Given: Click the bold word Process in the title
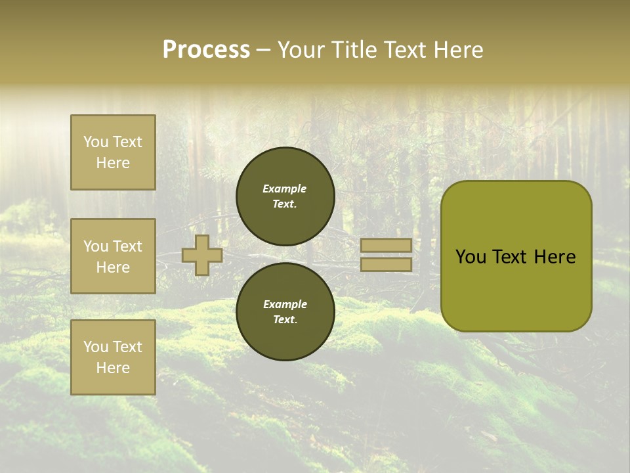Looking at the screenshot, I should coord(206,50).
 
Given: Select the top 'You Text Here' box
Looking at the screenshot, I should coord(113,152).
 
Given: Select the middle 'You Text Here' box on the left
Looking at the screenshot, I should coord(113,256).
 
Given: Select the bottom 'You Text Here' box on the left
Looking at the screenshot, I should coord(113,357).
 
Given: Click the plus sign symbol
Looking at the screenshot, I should coord(201,255).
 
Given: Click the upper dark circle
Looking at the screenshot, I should coord(285,196).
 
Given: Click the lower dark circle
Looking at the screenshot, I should coord(285,312).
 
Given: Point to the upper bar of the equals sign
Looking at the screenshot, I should coord(386,245).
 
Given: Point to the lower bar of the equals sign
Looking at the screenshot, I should coord(386,264).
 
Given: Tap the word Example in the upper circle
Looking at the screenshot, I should coord(284,189).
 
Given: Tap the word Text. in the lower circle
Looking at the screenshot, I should coord(285,320).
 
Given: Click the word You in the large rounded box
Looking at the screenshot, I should coord(470,257).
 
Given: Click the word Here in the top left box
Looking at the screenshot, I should coord(113,163).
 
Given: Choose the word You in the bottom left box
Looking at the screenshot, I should coord(96,347).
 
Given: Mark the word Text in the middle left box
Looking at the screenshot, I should coord(127,246).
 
